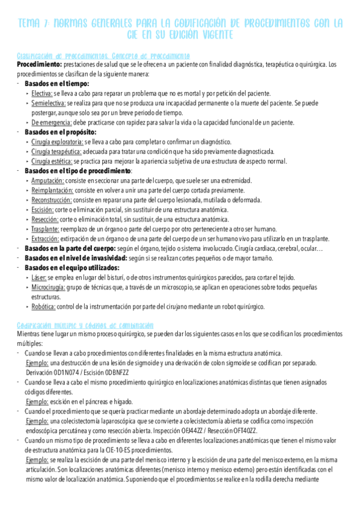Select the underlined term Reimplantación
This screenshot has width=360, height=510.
[52, 190]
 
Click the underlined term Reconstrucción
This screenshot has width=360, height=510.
[52, 200]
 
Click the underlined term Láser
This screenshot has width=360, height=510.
[38, 277]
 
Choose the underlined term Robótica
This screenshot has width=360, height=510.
[44, 306]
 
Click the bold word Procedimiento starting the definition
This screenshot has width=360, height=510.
[38, 64]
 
